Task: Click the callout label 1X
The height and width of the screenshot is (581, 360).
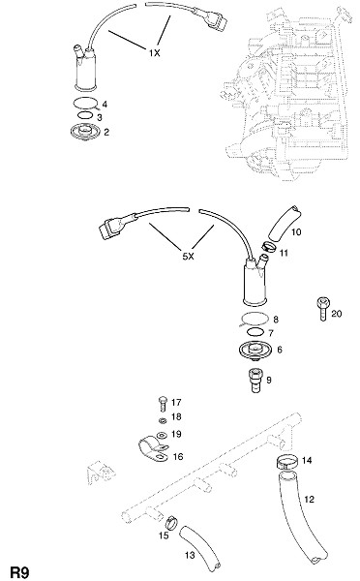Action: (x=155, y=53)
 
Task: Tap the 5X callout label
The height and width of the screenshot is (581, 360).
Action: (x=188, y=257)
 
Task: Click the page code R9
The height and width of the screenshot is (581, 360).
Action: (x=19, y=572)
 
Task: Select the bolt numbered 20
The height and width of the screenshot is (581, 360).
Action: (x=322, y=308)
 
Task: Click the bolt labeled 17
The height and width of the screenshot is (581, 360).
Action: (x=163, y=404)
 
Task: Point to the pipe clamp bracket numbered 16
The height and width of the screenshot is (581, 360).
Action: (x=152, y=448)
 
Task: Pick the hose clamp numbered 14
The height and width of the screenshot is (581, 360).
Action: (x=287, y=463)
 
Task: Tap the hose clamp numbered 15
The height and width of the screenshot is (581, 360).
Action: (x=171, y=522)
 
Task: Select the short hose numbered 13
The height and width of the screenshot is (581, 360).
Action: (x=200, y=547)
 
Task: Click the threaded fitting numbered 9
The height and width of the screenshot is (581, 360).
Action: (x=255, y=380)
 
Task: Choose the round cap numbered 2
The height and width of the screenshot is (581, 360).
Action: (x=85, y=133)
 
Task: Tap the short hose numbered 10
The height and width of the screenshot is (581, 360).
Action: (x=284, y=224)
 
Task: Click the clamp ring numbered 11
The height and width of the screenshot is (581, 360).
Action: (x=269, y=246)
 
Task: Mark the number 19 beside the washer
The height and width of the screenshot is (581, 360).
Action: (x=176, y=434)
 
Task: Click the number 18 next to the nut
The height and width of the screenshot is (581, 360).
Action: (x=176, y=416)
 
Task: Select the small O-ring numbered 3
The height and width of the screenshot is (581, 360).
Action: (x=85, y=115)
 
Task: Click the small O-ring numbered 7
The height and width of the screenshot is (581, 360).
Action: (x=255, y=331)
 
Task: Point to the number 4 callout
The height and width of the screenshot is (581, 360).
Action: (x=105, y=105)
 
